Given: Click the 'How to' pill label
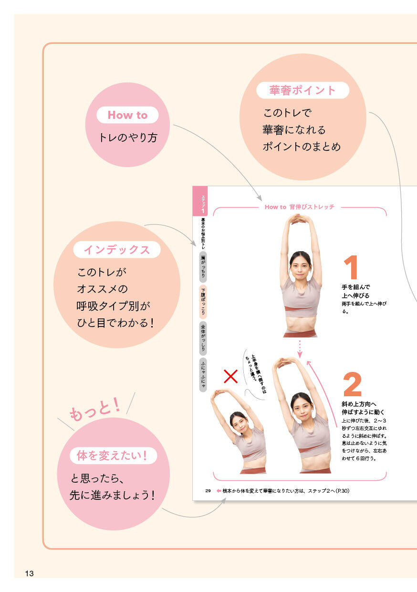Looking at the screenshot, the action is tap(127, 115).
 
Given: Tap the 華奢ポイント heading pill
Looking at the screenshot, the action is tap(302, 90).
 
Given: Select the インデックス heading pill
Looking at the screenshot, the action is tap(117, 250).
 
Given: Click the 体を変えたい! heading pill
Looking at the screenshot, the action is tap(113, 455).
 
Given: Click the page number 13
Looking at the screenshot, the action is tap(29, 573).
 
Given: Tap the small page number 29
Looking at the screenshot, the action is tap(208, 491).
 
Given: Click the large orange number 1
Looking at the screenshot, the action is tap(351, 267).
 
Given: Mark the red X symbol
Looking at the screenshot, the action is tap(230, 376).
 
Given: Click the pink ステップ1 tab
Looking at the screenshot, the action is tap(200, 201).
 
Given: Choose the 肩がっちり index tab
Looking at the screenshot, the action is tap(203, 267).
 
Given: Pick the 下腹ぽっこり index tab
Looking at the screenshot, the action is tap(203, 302).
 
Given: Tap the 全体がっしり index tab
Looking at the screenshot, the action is tap(203, 338).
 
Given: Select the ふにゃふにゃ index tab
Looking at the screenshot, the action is tap(203, 374).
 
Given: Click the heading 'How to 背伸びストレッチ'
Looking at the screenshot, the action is tap(300, 207).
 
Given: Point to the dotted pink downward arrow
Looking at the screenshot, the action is tap(300, 349).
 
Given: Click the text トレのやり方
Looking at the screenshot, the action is tap(128, 137).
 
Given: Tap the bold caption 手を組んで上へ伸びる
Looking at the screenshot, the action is tap(355, 291).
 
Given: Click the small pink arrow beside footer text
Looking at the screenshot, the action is tap(219, 491).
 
